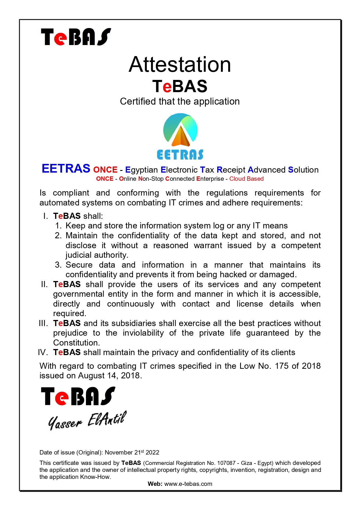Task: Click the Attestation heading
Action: point(180,65)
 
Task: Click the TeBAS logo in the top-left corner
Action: point(76,37)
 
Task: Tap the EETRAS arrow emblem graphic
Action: point(180,131)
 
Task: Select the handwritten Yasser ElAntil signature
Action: point(87,420)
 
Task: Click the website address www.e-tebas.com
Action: point(188,484)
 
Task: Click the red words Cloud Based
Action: point(246,179)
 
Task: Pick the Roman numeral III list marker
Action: point(43,323)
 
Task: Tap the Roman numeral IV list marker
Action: point(43,352)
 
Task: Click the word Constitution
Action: point(76,342)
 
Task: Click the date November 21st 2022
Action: point(132,452)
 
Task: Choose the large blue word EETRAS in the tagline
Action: point(66,169)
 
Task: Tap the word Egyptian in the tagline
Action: point(141,170)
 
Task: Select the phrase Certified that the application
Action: point(180,101)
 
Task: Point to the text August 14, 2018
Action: point(109,375)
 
